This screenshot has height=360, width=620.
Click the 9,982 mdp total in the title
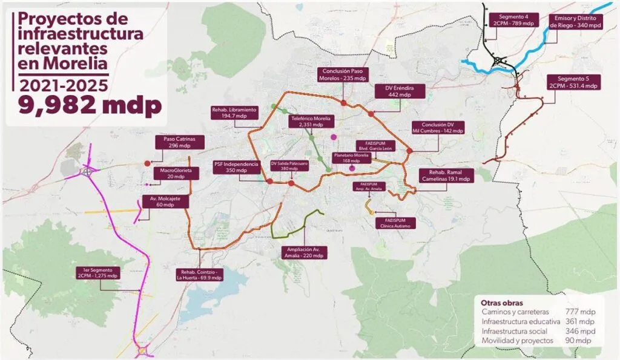coord(90,105)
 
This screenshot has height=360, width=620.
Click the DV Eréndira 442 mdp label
coord(400,91)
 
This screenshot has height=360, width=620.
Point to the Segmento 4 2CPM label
coord(513,20)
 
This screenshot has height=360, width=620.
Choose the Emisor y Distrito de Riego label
coord(577,22)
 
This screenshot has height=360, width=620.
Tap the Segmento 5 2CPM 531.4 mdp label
coord(573,82)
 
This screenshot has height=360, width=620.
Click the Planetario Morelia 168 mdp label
coord(351,157)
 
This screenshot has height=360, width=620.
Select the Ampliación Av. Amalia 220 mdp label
coord(305,252)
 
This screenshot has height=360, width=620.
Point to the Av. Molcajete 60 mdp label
coord(165,201)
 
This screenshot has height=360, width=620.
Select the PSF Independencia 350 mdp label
coord(232,167)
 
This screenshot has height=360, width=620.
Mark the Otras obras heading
coord(502,303)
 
